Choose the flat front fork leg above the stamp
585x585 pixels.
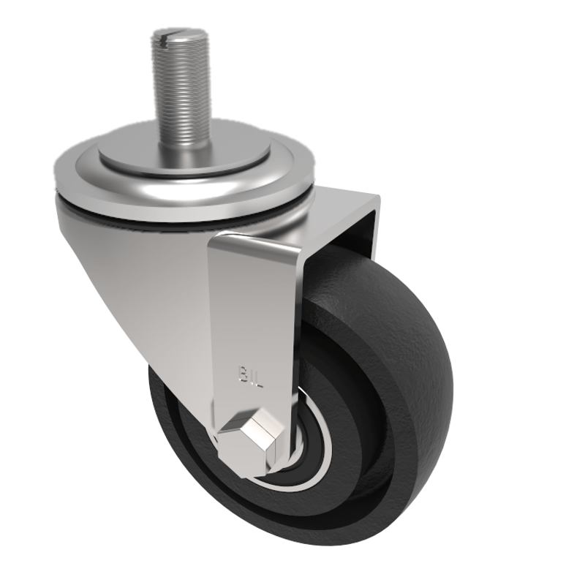pos(252,307)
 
